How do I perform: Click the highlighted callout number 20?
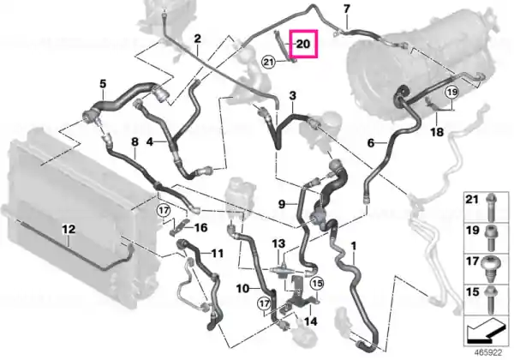click(303, 44)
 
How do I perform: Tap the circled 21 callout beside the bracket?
click(268, 62)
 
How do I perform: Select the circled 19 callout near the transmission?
click(452, 92)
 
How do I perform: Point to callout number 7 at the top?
click(347, 9)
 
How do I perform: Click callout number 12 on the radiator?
click(69, 229)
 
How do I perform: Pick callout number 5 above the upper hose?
click(103, 84)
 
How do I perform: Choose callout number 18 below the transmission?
click(437, 132)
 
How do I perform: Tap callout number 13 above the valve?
click(278, 243)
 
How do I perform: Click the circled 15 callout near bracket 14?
click(317, 283)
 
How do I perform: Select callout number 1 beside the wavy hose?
click(353, 246)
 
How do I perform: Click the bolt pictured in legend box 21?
click(491, 207)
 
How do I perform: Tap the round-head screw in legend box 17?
click(490, 268)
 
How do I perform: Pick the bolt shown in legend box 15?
click(490, 300)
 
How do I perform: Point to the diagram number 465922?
click(488, 353)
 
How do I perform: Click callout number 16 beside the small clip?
click(201, 227)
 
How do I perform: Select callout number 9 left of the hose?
click(282, 204)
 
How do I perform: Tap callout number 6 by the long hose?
click(371, 143)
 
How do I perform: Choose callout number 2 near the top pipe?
click(197, 39)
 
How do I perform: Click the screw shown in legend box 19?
click(490, 238)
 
